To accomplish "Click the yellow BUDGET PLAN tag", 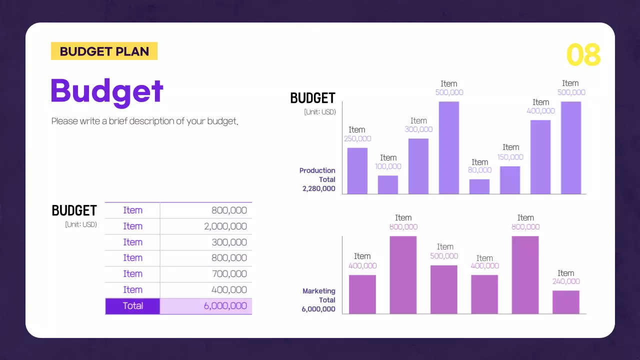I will click(104, 51).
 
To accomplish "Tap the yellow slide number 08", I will click(583, 55).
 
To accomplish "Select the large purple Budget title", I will click(107, 91).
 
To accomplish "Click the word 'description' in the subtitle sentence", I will click(151, 121).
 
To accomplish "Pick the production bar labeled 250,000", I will click(357, 171).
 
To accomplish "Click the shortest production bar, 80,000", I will click(479, 186).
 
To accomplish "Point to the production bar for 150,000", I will click(510, 180).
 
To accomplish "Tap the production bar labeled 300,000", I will click(418, 166).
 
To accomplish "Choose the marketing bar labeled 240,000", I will click(565, 302).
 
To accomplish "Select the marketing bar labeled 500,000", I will click(444, 289).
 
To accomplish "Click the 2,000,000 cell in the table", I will click(225, 226).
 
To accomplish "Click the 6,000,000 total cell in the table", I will click(225, 306).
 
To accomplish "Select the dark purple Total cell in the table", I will click(132, 306).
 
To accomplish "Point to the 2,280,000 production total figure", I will click(318, 189).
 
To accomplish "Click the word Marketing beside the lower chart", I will click(318, 291).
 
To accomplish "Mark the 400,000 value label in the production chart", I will click(540, 111).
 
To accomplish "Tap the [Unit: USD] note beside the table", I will click(81, 225).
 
